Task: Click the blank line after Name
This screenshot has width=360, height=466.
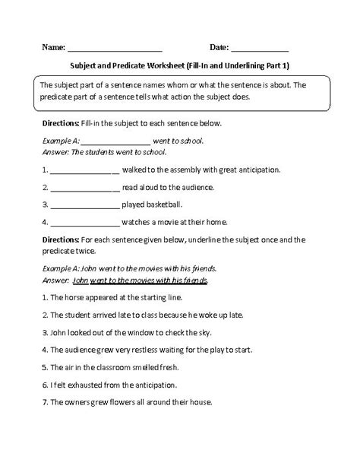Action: click(115, 48)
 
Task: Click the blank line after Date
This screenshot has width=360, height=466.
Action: click(259, 48)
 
